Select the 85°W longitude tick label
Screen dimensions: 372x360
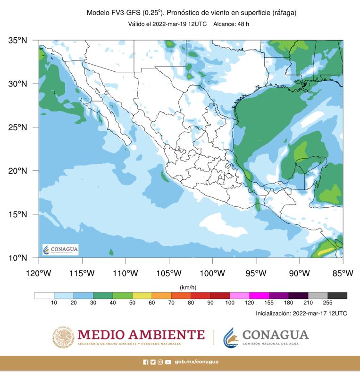click(x=343, y=273)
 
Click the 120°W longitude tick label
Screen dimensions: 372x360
click(x=38, y=273)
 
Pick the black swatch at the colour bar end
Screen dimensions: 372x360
click(x=338, y=296)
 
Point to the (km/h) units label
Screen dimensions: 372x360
click(x=188, y=287)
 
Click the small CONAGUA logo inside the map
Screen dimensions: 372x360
click(x=60, y=250)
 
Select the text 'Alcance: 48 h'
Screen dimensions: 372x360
click(x=231, y=24)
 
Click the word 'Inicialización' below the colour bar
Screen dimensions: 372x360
click(x=273, y=313)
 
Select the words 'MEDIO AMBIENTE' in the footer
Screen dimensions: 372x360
click(x=141, y=335)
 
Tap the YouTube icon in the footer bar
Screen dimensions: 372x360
click(x=168, y=362)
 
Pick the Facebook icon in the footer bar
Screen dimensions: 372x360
click(x=145, y=362)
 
